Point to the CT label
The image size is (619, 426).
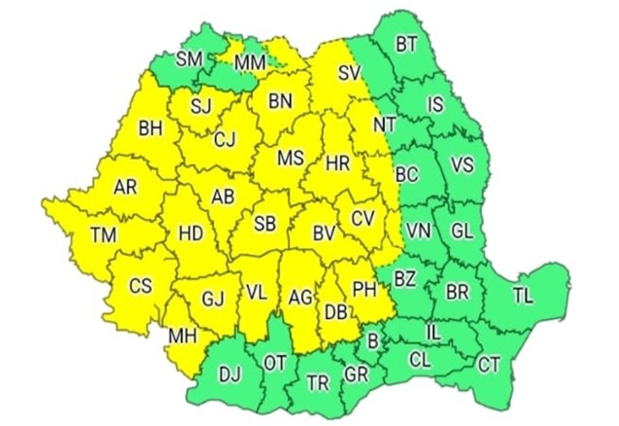tap(489, 365)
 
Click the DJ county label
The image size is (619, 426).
tap(228, 375)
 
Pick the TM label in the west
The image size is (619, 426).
tap(103, 235)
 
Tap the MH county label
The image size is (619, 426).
tap(183, 336)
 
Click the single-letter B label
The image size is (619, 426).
tap(373, 339)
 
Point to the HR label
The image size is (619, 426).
tap(337, 165)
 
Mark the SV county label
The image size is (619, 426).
tap(349, 73)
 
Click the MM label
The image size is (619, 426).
tap(250, 62)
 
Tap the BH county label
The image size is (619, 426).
tap(150, 129)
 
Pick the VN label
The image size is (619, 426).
tap(420, 231)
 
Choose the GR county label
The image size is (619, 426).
tap(356, 373)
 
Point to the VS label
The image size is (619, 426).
tap(462, 165)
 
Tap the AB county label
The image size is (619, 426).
tap(223, 196)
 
